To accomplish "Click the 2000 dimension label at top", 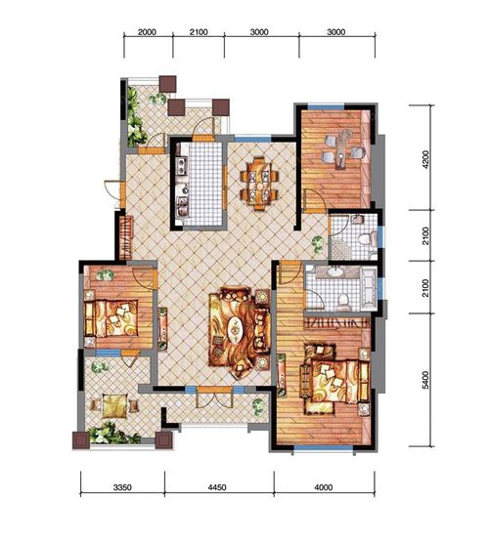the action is tap(147, 32).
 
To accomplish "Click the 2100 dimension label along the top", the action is tap(199, 32).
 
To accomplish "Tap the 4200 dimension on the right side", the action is tap(425, 159).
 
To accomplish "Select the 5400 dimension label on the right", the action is tap(425, 380).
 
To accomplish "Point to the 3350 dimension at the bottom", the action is tap(122, 487).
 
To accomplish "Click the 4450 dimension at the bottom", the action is tap(217, 487).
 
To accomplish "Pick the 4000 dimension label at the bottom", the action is tap(324, 487).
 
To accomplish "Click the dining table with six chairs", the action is tap(259, 184).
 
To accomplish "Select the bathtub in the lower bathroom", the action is tap(369, 289).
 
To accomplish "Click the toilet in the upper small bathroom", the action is tap(368, 239).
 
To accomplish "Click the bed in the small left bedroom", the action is tap(111, 318).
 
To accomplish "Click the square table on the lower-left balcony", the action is tap(114, 405).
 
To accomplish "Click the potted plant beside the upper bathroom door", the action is tap(318, 242).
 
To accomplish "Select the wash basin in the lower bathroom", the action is tap(334, 271).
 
